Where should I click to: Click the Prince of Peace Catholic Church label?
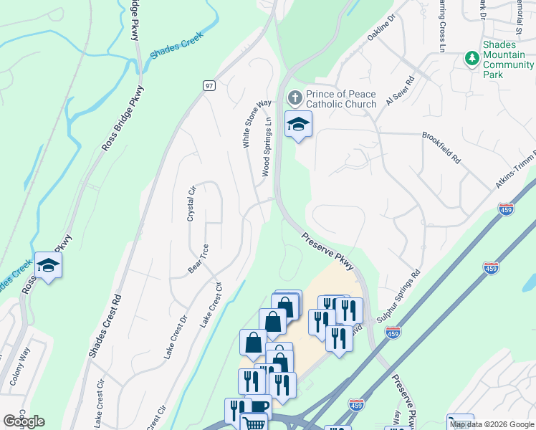click(341, 99)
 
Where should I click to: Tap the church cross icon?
click(295, 97)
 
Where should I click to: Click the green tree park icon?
click(472, 57)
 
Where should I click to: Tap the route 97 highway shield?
click(209, 85)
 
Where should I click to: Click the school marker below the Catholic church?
click(298, 125)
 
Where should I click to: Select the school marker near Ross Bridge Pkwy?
click(48, 265)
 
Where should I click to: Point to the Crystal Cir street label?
click(191, 204)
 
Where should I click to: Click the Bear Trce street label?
click(198, 258)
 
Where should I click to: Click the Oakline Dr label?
click(381, 29)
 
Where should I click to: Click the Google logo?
click(24, 421)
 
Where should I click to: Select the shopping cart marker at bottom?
click(254, 424)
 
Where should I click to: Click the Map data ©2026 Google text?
click(492, 424)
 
